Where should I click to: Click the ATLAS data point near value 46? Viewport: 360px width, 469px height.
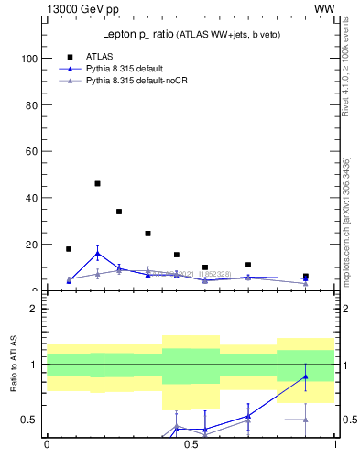click(x=97, y=183)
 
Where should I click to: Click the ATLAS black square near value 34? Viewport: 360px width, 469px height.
click(x=119, y=212)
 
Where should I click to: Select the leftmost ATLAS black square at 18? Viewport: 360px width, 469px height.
click(x=69, y=248)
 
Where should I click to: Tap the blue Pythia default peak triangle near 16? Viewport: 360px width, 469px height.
click(x=97, y=254)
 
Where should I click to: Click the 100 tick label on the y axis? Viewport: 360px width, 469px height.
click(x=27, y=58)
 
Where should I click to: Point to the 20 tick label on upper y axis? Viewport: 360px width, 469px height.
click(x=30, y=245)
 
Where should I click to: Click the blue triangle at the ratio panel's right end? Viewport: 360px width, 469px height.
click(x=306, y=376)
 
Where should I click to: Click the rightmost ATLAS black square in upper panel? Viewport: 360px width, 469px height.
click(x=306, y=276)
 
